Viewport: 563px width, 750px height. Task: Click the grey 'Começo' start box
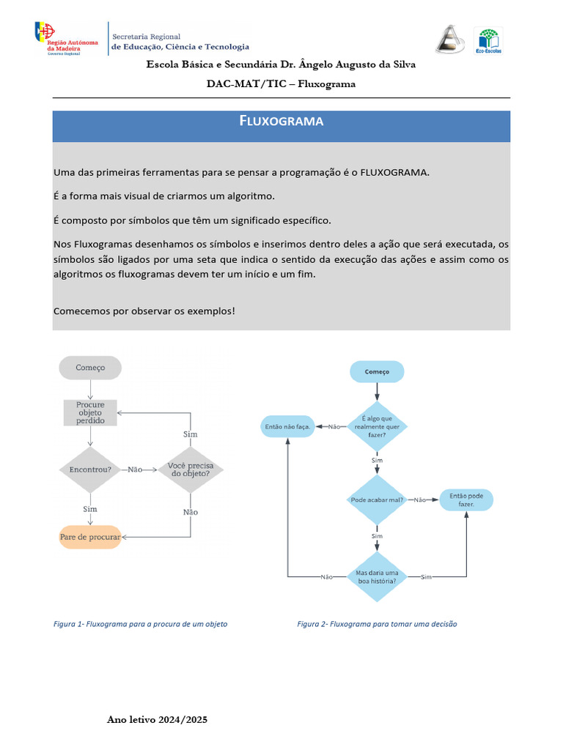pyautogui.click(x=90, y=368)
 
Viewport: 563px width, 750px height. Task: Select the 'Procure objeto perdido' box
pyautogui.click(x=90, y=413)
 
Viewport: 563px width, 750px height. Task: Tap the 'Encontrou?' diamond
pyautogui.click(x=90, y=469)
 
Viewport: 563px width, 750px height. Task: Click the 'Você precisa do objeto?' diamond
pyautogui.click(x=190, y=469)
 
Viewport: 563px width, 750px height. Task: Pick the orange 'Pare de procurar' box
pyautogui.click(x=90, y=537)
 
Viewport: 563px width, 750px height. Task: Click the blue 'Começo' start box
pyautogui.click(x=377, y=371)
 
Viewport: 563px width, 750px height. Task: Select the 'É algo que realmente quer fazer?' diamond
pyautogui.click(x=377, y=426)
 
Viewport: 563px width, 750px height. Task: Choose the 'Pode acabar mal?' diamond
pyautogui.click(x=377, y=500)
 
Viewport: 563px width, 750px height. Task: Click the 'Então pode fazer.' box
pyautogui.click(x=467, y=500)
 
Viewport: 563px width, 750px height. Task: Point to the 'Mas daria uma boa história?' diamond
pyautogui.click(x=377, y=576)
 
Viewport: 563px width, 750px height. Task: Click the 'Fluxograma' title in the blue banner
pyautogui.click(x=281, y=121)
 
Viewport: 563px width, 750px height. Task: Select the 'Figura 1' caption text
pyautogui.click(x=141, y=624)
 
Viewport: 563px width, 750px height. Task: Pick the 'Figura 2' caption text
pyautogui.click(x=377, y=624)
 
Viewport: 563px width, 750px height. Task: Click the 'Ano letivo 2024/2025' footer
pyautogui.click(x=158, y=720)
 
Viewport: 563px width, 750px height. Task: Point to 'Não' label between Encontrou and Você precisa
pyautogui.click(x=135, y=469)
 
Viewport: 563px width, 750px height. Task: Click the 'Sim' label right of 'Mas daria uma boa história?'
pyautogui.click(x=426, y=577)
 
